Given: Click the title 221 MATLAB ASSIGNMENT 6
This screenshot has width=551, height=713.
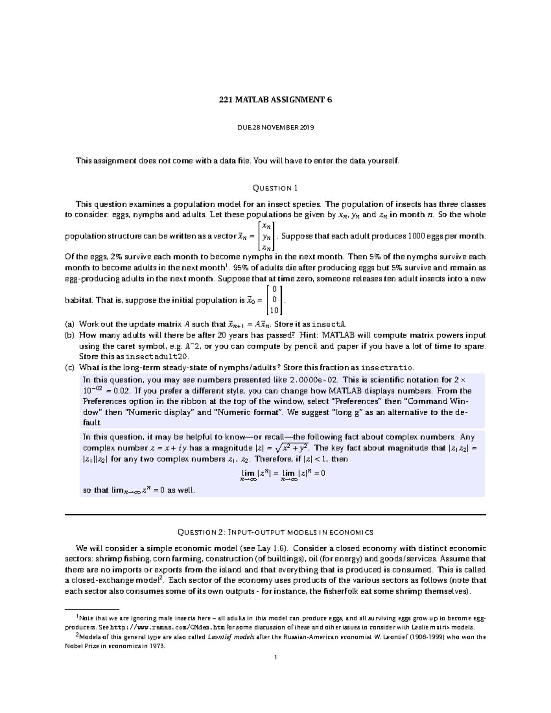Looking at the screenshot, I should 275,100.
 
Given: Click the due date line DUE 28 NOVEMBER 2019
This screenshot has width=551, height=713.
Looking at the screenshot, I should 275,128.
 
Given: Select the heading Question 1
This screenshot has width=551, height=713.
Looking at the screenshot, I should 275,188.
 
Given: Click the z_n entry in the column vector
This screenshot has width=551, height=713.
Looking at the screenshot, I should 266,247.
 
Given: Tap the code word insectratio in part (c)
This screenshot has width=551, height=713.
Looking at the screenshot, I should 387,368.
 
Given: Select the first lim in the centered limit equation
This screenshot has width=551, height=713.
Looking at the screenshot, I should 248,473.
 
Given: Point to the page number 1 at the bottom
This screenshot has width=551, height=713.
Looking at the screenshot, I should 275,657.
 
